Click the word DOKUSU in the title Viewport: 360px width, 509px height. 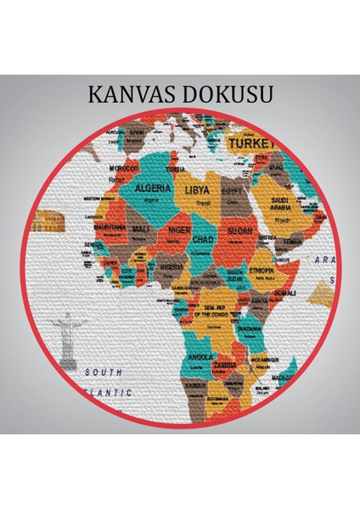pyautogui.click(x=227, y=94)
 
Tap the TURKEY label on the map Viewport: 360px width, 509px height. pyautogui.click(x=246, y=145)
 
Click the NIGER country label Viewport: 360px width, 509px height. pyautogui.click(x=179, y=228)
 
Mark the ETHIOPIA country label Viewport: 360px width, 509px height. pyautogui.click(x=261, y=271)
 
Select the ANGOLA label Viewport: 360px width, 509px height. pyautogui.click(x=201, y=356)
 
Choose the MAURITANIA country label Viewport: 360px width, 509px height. pyautogui.click(x=110, y=228)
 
